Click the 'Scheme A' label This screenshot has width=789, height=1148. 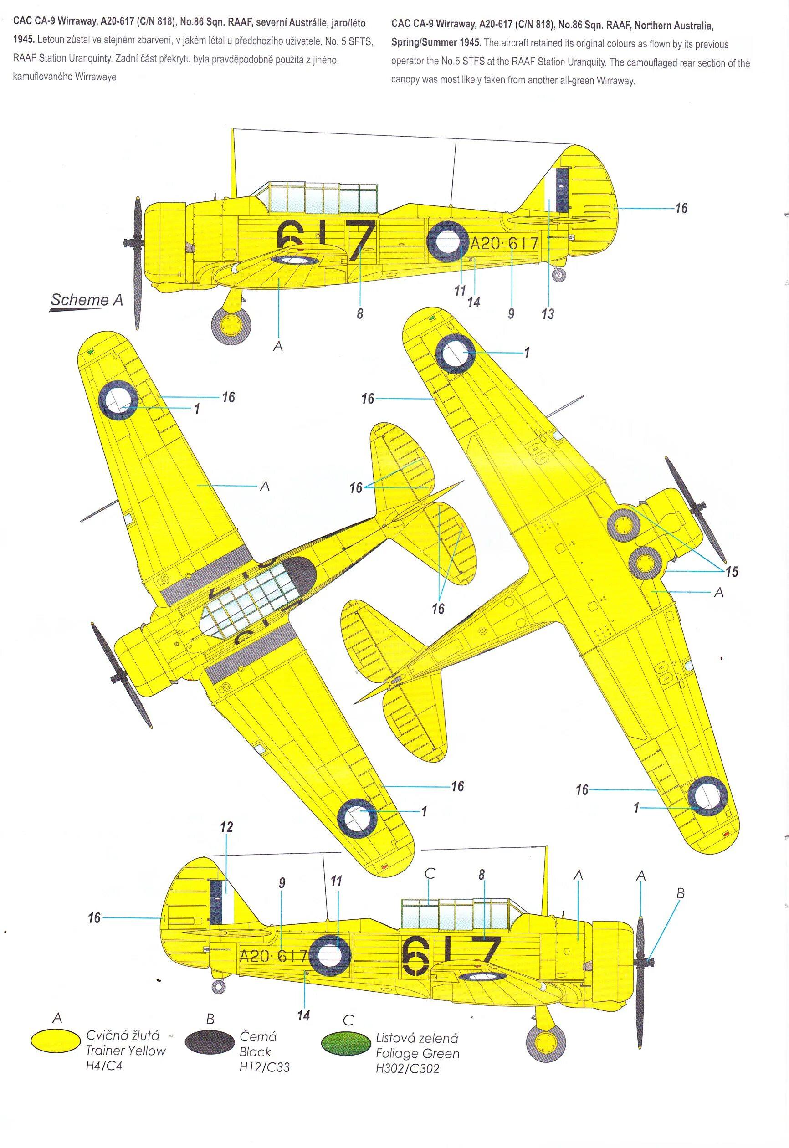point(87,300)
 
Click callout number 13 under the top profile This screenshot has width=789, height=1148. point(548,313)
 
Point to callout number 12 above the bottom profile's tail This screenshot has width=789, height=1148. point(226,827)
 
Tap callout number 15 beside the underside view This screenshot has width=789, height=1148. point(732,572)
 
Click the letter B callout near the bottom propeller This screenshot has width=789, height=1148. point(680,893)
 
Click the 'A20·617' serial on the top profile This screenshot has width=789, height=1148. point(503,244)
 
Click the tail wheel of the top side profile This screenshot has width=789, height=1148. point(559,275)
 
